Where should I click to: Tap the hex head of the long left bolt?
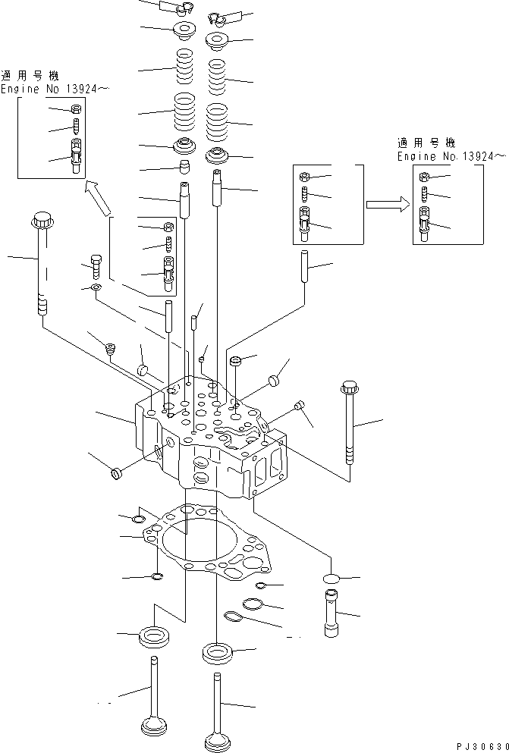point(41,221)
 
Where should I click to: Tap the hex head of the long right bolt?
point(350,388)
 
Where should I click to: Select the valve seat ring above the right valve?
point(218,651)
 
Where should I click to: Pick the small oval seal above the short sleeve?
point(331,579)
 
